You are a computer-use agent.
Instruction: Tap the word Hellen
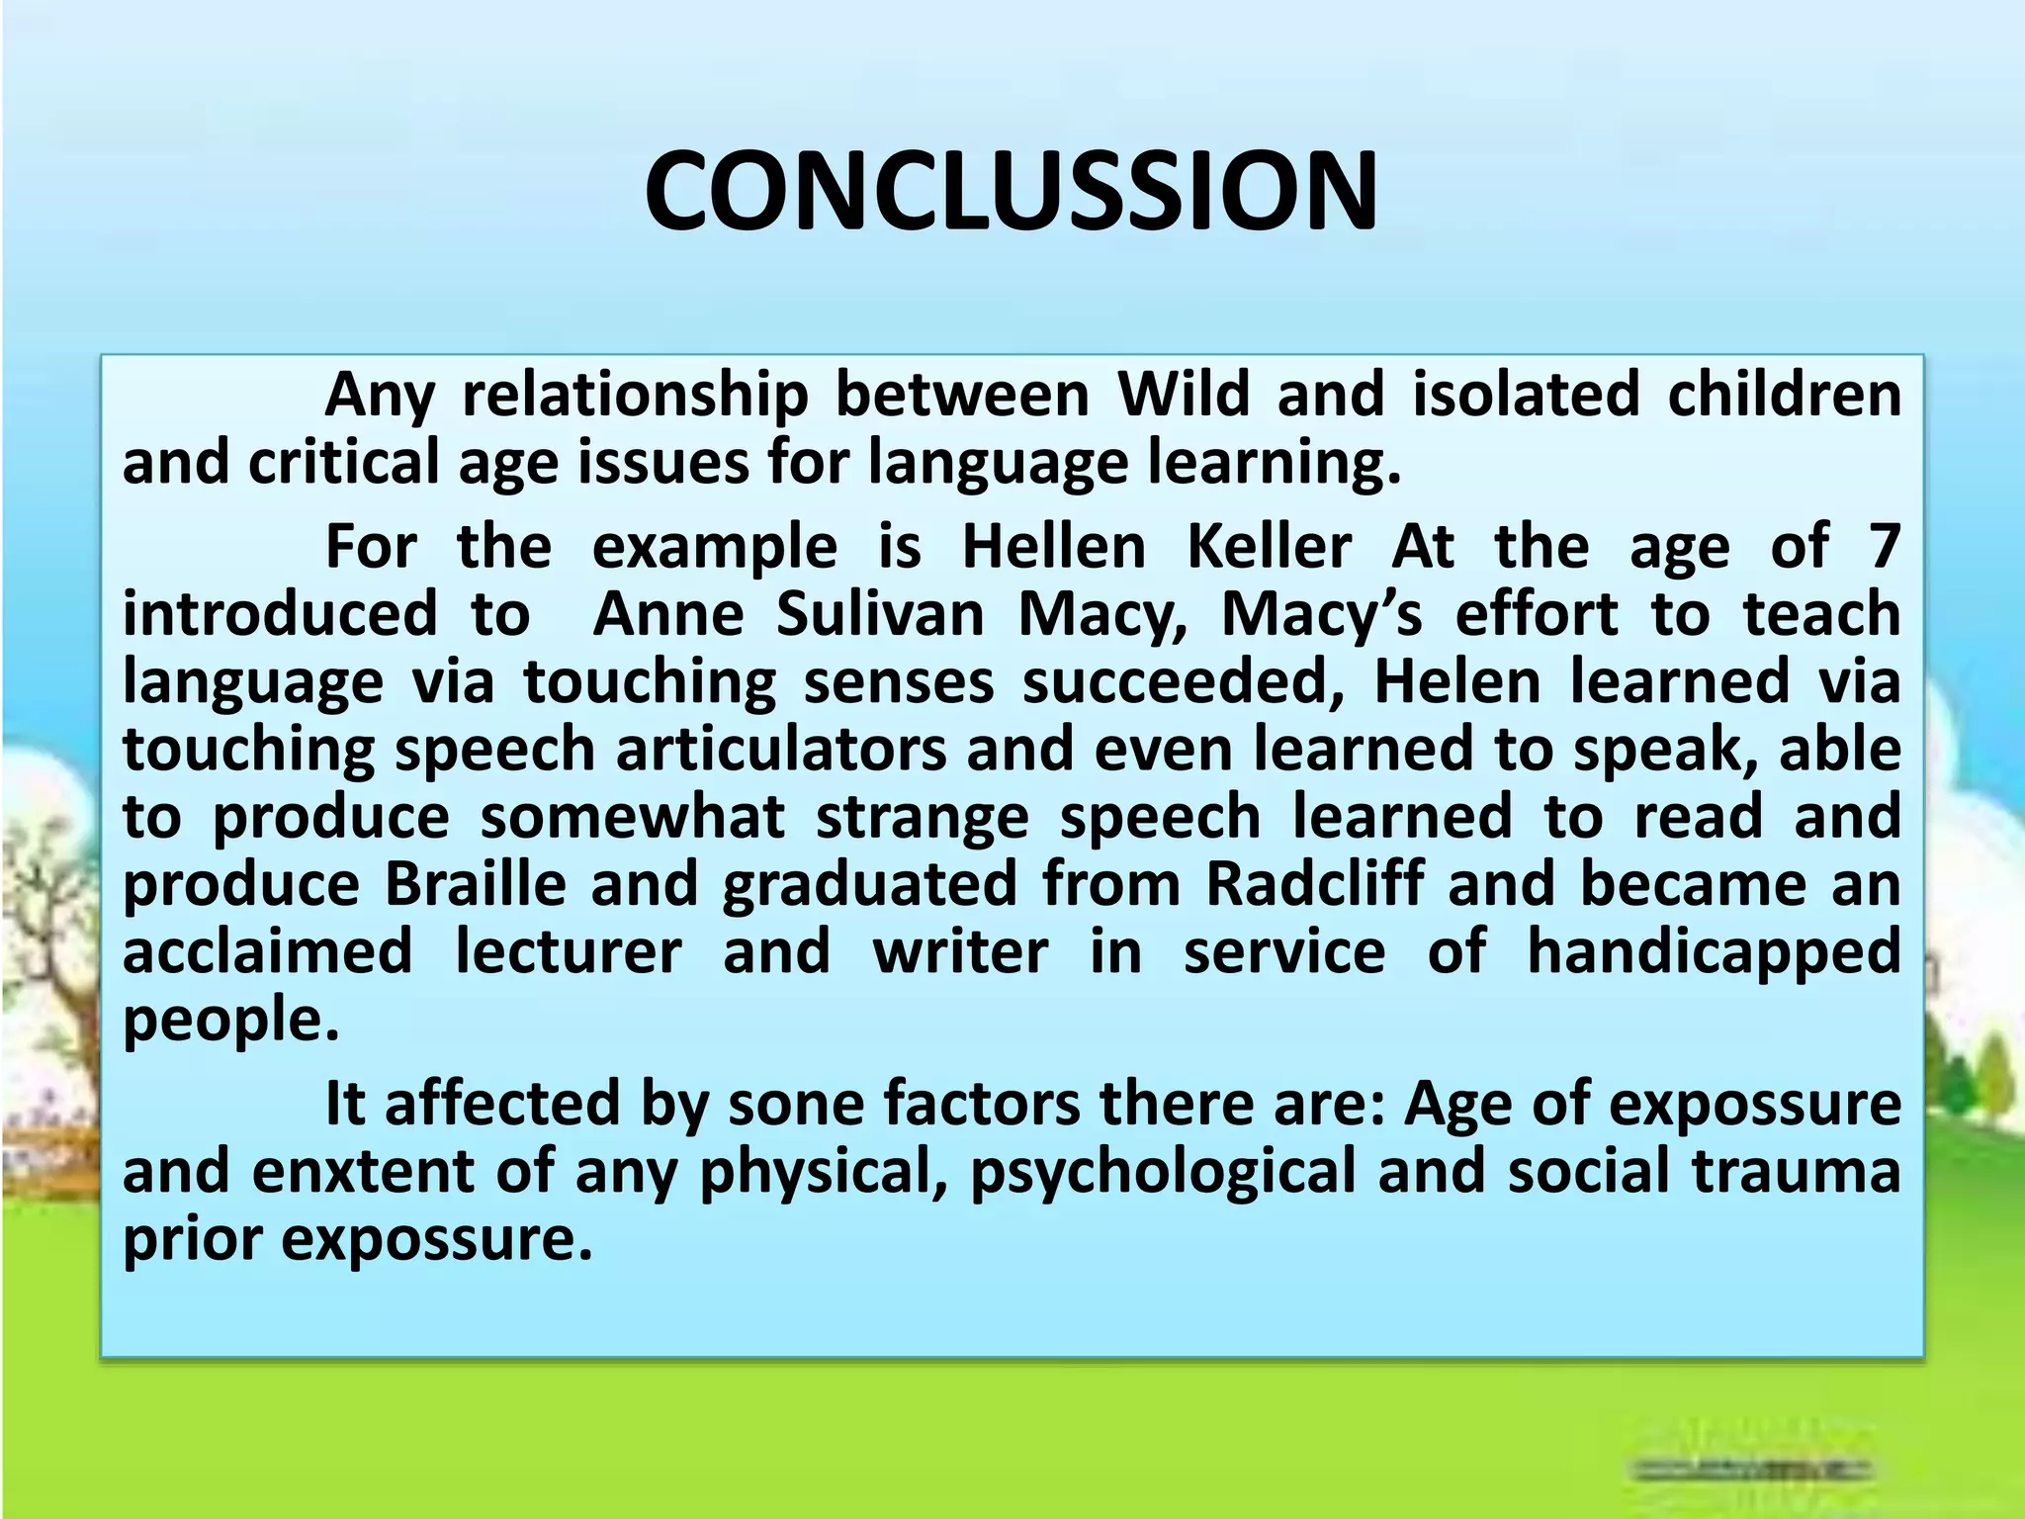coord(1053,546)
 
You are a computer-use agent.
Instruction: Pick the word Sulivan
coord(880,614)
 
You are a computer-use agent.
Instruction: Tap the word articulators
coord(781,749)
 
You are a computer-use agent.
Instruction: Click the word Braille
coord(475,883)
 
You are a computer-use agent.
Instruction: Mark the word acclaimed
coord(267,951)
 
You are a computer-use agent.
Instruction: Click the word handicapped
coord(1714,951)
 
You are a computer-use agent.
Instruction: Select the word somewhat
coord(633,817)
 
